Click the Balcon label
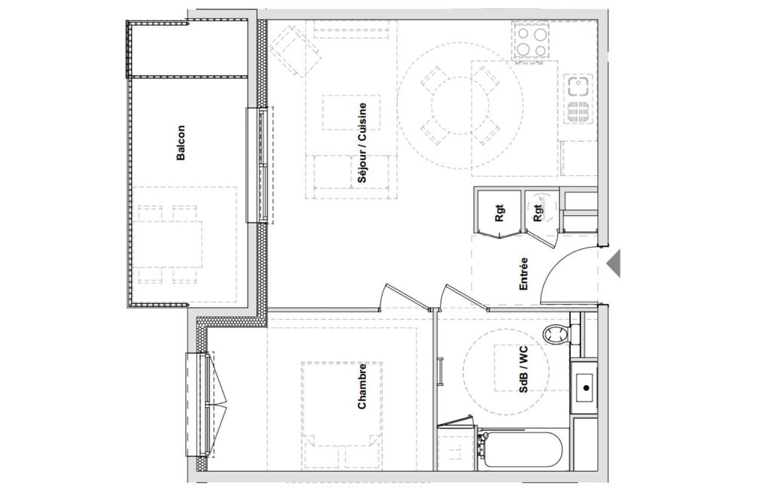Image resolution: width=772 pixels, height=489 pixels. click(x=182, y=143)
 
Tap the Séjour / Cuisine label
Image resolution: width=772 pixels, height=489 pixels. click(x=362, y=143)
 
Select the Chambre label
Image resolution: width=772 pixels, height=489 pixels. click(x=362, y=386)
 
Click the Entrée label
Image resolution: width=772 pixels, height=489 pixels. click(x=523, y=274)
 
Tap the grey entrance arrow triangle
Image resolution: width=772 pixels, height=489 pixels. click(x=614, y=264)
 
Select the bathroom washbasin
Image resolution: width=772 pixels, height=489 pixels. click(x=584, y=387)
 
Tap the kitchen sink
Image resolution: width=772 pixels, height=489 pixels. click(x=577, y=99)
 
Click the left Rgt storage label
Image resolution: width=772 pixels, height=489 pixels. click(x=500, y=213)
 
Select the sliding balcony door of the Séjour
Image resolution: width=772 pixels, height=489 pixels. click(x=259, y=165)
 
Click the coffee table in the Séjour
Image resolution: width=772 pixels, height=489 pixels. click(x=351, y=113)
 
